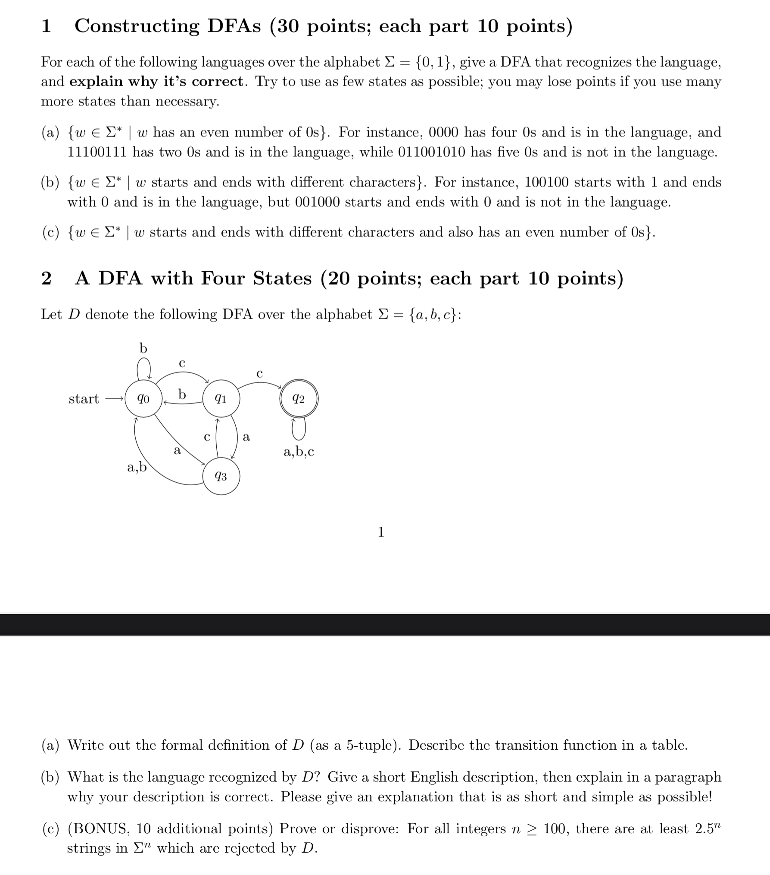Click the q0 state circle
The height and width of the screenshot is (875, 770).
tap(143, 399)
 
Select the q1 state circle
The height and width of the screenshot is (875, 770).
tap(221, 399)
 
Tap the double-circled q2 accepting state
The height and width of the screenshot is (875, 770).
tap(299, 399)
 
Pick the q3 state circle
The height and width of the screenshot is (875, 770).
tap(221, 476)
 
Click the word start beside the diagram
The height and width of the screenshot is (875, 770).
tap(84, 399)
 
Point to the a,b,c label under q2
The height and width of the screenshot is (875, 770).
tap(299, 452)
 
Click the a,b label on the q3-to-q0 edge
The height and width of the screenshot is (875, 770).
tap(137, 467)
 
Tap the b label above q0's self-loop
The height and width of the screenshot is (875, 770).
tap(143, 348)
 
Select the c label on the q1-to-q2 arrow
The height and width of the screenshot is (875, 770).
tap(259, 373)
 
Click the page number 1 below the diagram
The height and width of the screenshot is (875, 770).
tap(380, 532)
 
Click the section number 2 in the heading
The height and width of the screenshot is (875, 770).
tap(47, 279)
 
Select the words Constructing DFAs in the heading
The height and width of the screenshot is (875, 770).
tap(168, 26)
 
